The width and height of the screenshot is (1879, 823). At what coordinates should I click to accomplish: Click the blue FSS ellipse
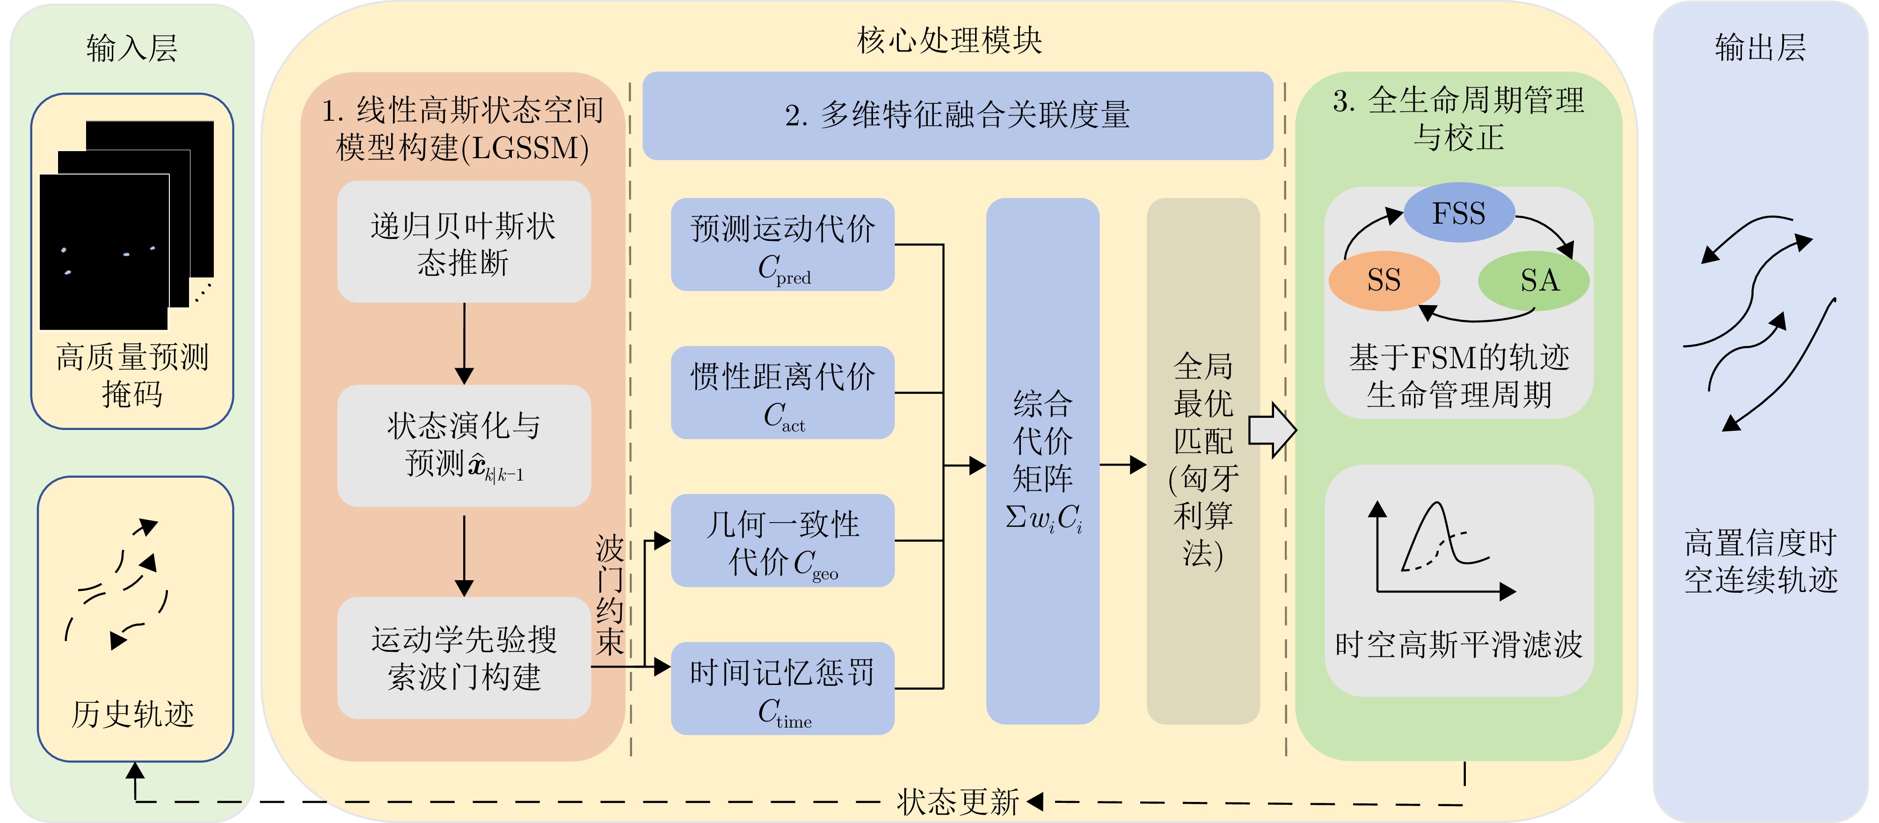(1459, 213)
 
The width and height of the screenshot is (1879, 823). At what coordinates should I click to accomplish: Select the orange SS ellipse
(1384, 280)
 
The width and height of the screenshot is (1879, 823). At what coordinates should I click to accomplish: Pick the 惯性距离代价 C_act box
(783, 393)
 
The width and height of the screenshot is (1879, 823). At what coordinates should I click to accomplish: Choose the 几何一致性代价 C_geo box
(783, 541)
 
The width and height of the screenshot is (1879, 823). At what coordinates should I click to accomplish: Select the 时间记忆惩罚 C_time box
(783, 688)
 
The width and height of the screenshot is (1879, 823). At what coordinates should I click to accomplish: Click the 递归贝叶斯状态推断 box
(464, 242)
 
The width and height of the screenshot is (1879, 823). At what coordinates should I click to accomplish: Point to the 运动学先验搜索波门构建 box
(464, 658)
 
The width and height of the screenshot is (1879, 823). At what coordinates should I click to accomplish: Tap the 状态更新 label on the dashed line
(958, 802)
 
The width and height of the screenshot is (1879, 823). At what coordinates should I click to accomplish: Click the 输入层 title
(132, 48)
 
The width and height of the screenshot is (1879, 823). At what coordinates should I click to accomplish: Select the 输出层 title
(1760, 48)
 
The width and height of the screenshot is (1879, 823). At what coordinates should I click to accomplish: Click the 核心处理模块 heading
(950, 40)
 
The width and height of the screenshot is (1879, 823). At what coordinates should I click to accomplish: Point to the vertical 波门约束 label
(610, 595)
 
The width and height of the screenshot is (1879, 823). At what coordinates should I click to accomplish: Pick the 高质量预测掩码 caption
(132, 375)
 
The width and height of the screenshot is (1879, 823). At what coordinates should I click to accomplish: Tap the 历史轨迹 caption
(132, 714)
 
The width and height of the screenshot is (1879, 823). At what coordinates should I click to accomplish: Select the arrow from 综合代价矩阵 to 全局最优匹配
(1122, 465)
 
